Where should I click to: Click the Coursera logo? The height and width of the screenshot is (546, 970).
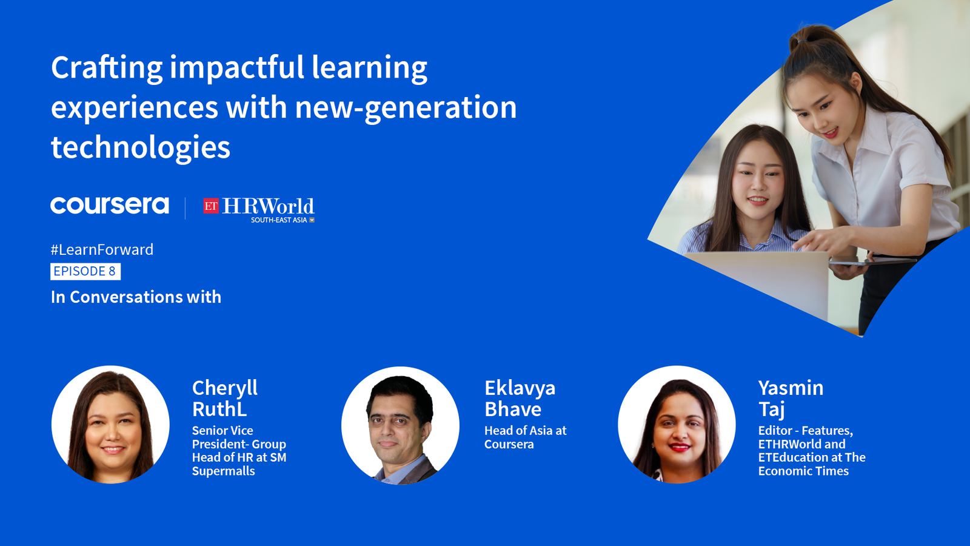tap(110, 206)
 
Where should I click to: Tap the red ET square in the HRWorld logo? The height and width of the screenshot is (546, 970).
tap(211, 206)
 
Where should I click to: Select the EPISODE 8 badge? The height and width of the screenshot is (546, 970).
tap(85, 271)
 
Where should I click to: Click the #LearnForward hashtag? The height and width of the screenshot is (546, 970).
tap(102, 249)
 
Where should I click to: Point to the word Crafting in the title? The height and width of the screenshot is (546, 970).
tap(107, 69)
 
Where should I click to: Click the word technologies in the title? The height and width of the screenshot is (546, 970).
tap(141, 147)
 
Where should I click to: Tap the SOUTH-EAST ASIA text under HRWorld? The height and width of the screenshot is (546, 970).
tap(279, 220)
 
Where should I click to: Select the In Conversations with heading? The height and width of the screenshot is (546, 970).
tap(136, 297)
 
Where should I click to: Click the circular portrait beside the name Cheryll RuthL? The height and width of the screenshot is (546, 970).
tap(110, 424)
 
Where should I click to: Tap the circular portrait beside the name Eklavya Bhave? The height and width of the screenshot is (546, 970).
tap(400, 425)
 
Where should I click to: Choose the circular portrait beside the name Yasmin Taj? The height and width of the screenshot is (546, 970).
tap(677, 424)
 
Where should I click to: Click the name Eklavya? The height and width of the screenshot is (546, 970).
tap(520, 388)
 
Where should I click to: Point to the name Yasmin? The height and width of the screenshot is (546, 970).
tap(791, 388)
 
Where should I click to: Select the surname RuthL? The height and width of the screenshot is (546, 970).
tap(219, 409)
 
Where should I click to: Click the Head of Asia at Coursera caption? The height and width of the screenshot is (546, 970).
tap(525, 437)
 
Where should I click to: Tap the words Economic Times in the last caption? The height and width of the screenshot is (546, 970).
tap(803, 471)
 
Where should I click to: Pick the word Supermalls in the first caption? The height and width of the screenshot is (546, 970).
tap(224, 471)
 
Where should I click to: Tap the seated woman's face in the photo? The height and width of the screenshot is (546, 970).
tap(758, 178)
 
